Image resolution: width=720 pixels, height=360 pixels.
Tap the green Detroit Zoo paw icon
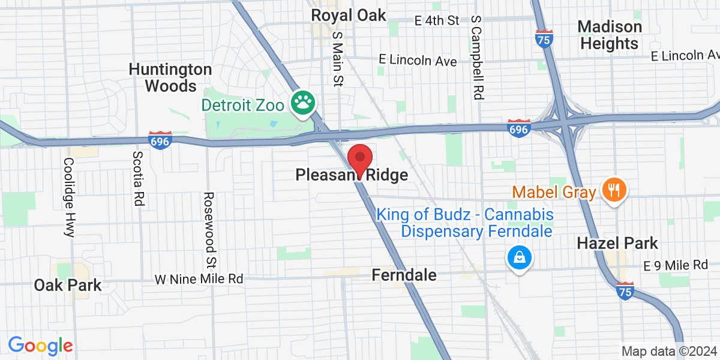[x=304, y=103]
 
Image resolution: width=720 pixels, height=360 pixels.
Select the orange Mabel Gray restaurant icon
[x=613, y=191]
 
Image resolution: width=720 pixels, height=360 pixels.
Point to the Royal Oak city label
[x=349, y=15]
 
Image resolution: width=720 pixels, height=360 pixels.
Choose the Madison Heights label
[x=609, y=35]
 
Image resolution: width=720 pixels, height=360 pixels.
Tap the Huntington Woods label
[x=170, y=77]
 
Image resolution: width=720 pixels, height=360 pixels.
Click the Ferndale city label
[x=403, y=275]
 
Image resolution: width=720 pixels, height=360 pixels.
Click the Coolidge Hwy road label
[x=69, y=197]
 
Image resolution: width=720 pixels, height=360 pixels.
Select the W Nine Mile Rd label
[x=199, y=279]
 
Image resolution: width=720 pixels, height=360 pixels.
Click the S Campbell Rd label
[x=477, y=58]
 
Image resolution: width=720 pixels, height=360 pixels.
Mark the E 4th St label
[x=437, y=20]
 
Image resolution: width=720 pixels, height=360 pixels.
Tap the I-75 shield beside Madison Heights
[x=544, y=38]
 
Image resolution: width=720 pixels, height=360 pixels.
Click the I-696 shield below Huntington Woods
[x=160, y=140]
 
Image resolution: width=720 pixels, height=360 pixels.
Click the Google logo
[x=40, y=346]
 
